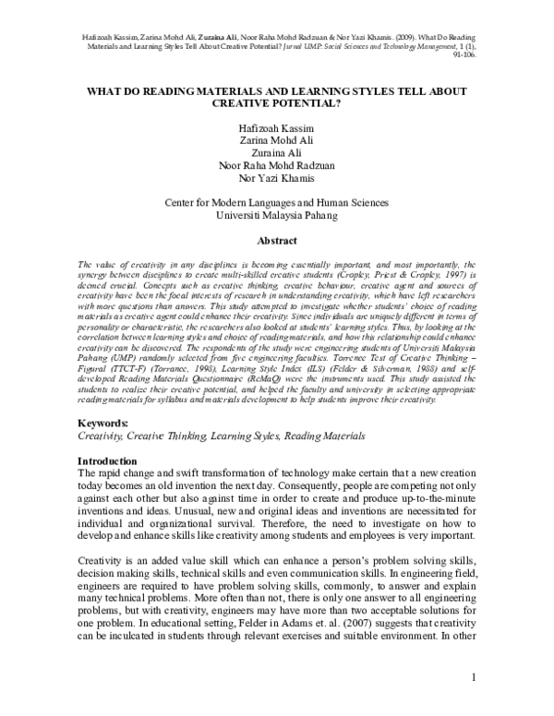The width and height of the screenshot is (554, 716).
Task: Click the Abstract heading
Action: tap(277, 242)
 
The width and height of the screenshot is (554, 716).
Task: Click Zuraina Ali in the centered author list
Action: tap(277, 151)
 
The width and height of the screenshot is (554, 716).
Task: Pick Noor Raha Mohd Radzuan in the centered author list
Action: tap(277, 165)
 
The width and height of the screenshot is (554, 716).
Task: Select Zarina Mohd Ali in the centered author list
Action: tap(277, 137)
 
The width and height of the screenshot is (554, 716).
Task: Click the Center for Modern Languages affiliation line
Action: tap(276, 201)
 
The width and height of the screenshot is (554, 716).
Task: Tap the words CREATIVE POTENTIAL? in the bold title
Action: tap(277, 106)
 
